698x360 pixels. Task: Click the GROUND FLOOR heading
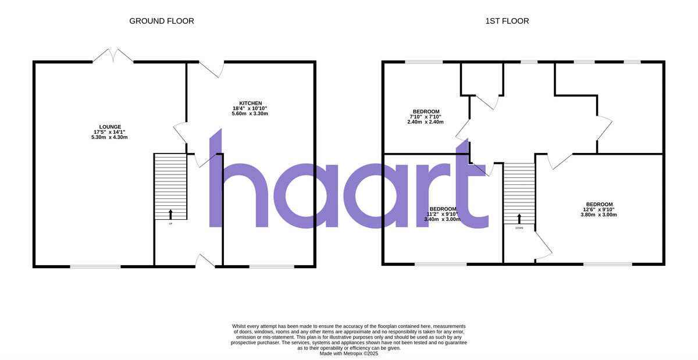tap(161, 21)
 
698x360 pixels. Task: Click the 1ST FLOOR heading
tap(507, 21)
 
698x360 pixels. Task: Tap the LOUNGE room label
tap(110, 126)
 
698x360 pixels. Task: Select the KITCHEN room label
tap(250, 103)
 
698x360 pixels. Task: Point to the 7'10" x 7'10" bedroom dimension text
tap(426, 117)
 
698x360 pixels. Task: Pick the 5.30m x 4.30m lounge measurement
tap(110, 137)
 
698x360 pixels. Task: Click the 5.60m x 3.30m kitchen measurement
tap(250, 113)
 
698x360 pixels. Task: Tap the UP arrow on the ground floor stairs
tap(170, 213)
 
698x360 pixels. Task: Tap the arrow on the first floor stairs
tap(519, 218)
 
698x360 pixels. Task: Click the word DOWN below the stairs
tap(519, 228)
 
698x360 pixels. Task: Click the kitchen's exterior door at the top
tap(213, 69)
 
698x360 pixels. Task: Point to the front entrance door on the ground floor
tap(205, 261)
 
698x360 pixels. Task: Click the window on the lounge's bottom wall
tap(95, 266)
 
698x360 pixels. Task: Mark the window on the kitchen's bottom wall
tap(272, 266)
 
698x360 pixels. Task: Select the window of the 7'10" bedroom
tap(423, 62)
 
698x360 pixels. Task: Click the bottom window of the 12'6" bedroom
tap(608, 264)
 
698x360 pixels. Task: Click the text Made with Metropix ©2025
tap(349, 353)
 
